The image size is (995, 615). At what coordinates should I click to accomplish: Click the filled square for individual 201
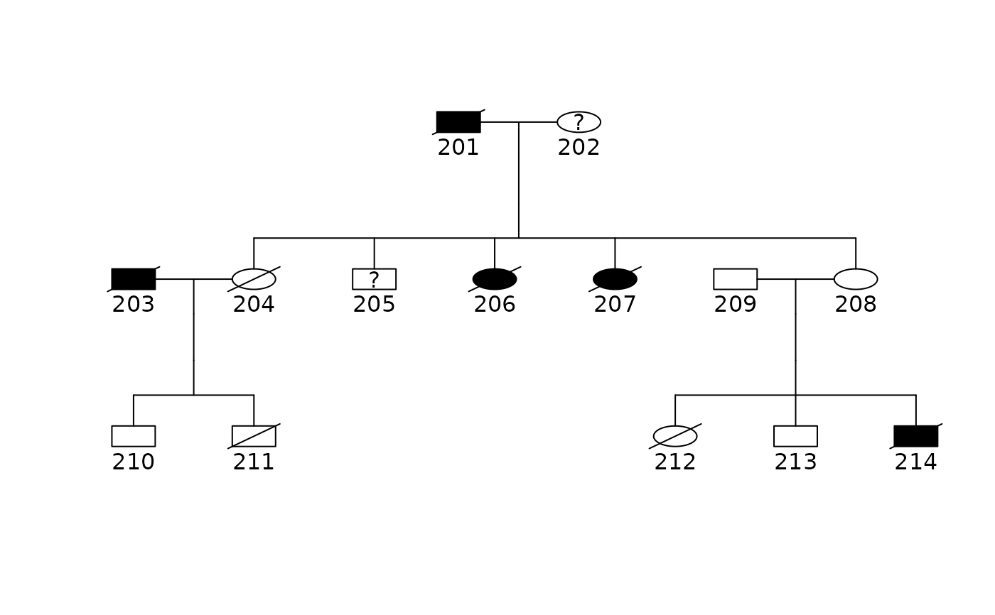coord(458,122)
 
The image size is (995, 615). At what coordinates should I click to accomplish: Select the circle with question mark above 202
coord(579,122)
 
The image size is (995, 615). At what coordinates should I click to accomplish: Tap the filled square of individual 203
coord(134,279)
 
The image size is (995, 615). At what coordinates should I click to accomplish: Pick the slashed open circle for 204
coord(254,279)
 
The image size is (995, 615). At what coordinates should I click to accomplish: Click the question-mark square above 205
coord(374,279)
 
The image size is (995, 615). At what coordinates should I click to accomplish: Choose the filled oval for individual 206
coord(495,279)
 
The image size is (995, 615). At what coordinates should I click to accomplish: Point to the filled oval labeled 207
coord(615,279)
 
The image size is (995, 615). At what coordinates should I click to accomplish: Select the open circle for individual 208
coord(856,279)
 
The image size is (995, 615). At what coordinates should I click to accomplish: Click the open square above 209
coord(735,279)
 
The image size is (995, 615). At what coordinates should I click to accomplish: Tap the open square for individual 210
coord(134,436)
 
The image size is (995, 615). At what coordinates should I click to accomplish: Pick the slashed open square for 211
coord(254,436)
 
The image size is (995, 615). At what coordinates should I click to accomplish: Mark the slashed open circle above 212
coord(675,436)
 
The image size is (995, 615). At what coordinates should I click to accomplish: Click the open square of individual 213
coord(795,436)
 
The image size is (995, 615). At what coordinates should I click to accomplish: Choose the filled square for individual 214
coord(916,436)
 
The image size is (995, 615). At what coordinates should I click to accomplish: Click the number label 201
coord(458,148)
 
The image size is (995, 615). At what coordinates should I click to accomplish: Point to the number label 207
coord(615,305)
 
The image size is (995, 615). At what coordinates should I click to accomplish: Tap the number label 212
coord(675,462)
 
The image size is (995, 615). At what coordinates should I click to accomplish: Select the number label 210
coord(134,462)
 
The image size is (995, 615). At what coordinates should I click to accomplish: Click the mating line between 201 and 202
coord(519,122)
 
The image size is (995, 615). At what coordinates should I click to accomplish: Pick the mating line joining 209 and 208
coord(795,279)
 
